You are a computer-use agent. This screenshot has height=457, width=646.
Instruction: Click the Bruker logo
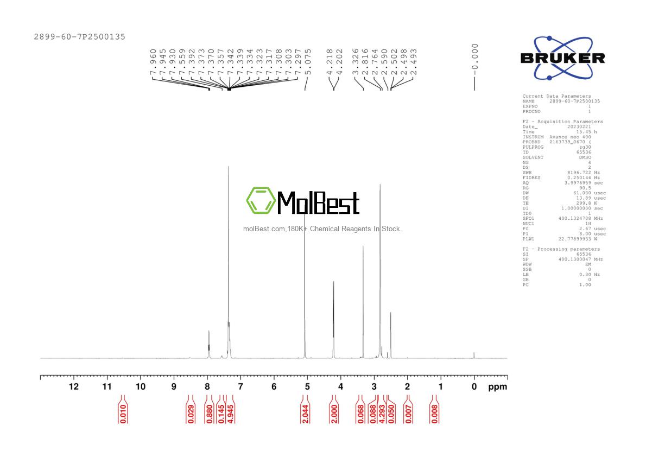pyautogui.click(x=562, y=58)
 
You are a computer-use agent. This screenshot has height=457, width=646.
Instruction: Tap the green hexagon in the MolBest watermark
pyautogui.click(x=261, y=201)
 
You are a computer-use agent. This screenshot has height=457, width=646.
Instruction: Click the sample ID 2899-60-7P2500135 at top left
pyautogui.click(x=79, y=37)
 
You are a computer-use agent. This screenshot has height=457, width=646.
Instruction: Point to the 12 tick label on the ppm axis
pyautogui.click(x=73, y=386)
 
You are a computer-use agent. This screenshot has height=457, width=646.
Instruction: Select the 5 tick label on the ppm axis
pyautogui.click(x=307, y=386)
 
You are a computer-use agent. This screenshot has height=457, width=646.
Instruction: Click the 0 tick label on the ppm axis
pyautogui.click(x=474, y=386)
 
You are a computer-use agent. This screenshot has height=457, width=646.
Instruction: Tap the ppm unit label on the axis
pyautogui.click(x=497, y=386)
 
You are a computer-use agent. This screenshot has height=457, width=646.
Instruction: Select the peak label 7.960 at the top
pyautogui.click(x=153, y=64)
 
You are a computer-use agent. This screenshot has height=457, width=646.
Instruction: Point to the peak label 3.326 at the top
pyautogui.click(x=355, y=64)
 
